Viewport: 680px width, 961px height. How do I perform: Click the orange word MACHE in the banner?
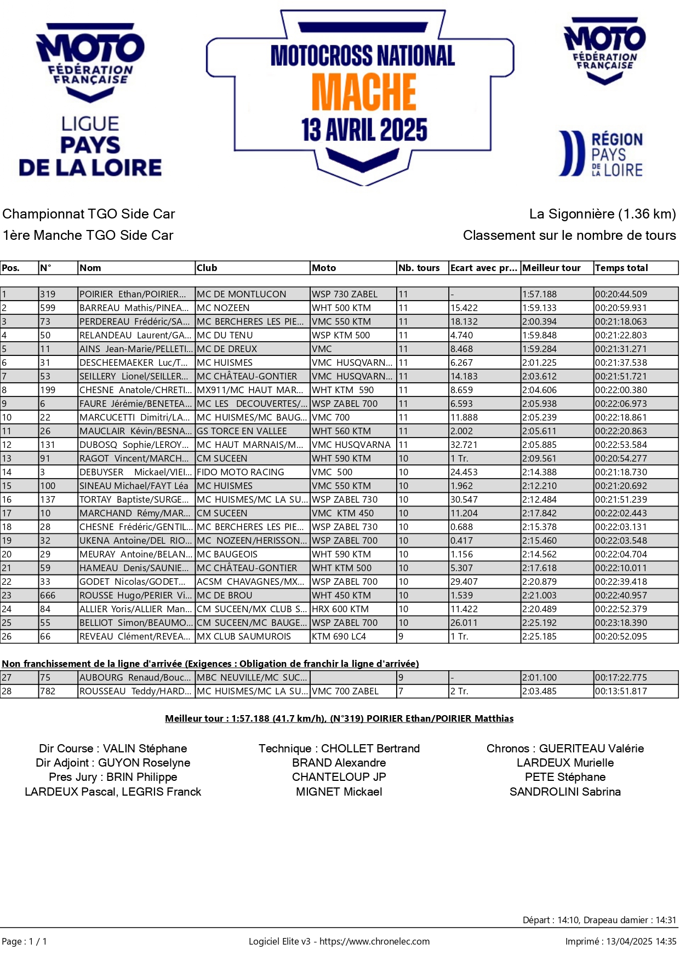(x=364, y=92)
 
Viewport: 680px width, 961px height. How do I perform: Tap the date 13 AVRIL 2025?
(x=364, y=130)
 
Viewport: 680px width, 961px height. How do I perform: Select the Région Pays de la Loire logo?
(x=601, y=154)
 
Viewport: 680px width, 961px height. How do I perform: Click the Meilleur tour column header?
(x=551, y=268)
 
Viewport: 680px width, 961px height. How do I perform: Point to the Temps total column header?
(x=621, y=268)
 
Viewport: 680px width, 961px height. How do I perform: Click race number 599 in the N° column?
(x=48, y=308)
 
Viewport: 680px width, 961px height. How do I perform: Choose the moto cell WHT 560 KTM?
(x=341, y=431)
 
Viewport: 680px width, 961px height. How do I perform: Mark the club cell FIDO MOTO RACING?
(x=241, y=472)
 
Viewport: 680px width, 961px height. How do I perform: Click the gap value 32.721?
(x=464, y=445)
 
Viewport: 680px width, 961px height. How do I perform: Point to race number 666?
(x=48, y=595)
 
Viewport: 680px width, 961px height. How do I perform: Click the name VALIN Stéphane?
(x=145, y=749)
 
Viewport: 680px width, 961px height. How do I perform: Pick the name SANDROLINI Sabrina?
(x=565, y=792)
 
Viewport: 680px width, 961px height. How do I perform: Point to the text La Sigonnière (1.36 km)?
(x=602, y=214)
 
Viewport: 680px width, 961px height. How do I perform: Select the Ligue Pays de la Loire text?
(x=90, y=146)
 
